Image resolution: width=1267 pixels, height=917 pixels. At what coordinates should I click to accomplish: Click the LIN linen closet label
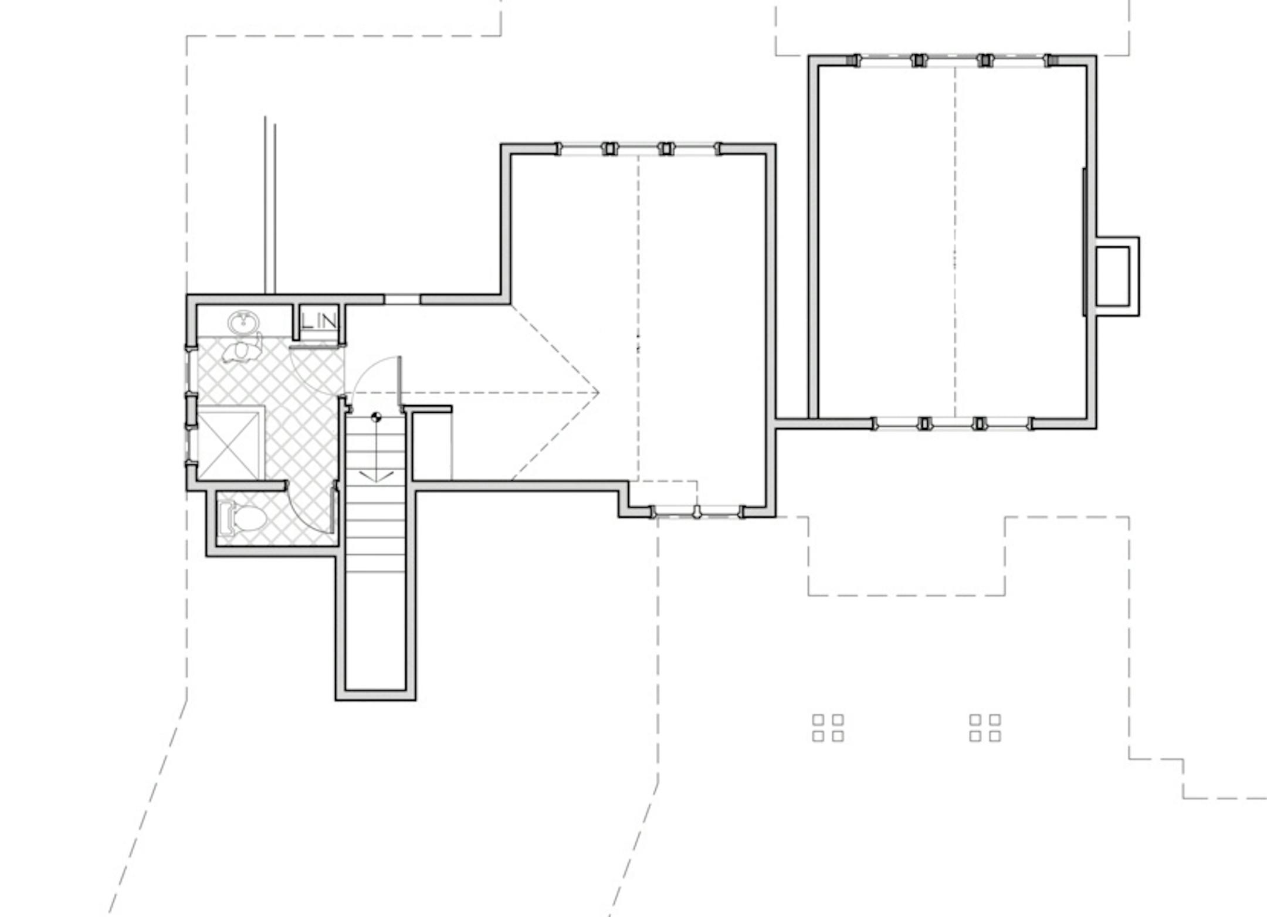pos(319,321)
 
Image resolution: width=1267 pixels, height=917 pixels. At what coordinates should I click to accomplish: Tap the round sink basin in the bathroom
pos(243,322)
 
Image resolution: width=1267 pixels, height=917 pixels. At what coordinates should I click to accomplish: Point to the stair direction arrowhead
pos(376,476)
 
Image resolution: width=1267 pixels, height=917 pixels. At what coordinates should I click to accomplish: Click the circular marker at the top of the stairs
pos(377,417)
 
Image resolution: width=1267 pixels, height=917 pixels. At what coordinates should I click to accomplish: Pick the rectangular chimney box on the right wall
pos(1117,276)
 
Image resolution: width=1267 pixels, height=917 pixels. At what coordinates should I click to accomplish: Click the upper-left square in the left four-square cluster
pos(818,719)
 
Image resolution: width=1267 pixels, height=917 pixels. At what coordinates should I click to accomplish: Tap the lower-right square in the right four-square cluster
pos(995,736)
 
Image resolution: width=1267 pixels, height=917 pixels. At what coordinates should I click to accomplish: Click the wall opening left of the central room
pos(402,300)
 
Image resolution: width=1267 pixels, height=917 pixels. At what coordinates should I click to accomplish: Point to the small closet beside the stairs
pos(432,444)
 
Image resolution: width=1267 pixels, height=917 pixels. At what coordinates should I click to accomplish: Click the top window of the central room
pos(638,149)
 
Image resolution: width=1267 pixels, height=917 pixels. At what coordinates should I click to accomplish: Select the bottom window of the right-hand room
pos(953,423)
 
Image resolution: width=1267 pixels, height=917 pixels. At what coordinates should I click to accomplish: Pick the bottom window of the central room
pos(697,512)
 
